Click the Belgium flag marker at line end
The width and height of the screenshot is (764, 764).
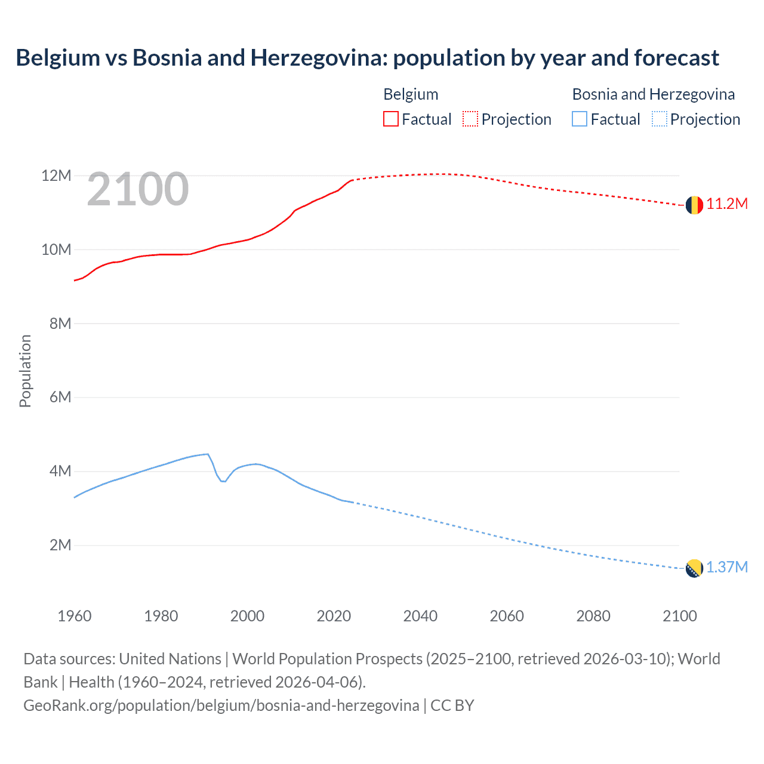click(694, 205)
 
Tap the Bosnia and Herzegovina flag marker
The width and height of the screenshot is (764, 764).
click(694, 568)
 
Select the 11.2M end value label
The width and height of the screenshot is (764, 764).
click(727, 204)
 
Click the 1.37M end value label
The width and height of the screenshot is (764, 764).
click(727, 568)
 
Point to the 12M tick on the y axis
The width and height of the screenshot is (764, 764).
click(56, 175)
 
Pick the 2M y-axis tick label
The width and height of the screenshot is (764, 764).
click(60, 545)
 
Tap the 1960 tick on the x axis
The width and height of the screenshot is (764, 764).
click(75, 616)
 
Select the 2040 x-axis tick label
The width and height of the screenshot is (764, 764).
click(420, 616)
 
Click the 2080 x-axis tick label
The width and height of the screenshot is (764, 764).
click(593, 616)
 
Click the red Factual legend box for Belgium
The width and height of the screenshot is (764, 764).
click(390, 119)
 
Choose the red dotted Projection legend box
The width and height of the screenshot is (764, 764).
click(470, 119)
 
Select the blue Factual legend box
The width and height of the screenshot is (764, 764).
click(580, 119)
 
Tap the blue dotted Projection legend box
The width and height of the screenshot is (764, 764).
click(659, 119)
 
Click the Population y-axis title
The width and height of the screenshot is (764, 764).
click(25, 371)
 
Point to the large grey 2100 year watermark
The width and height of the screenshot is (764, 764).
click(138, 190)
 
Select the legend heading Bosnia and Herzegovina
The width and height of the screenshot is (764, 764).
click(654, 94)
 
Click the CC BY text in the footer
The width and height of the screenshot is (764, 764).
click(452, 706)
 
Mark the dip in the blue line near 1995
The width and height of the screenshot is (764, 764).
click(223, 481)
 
